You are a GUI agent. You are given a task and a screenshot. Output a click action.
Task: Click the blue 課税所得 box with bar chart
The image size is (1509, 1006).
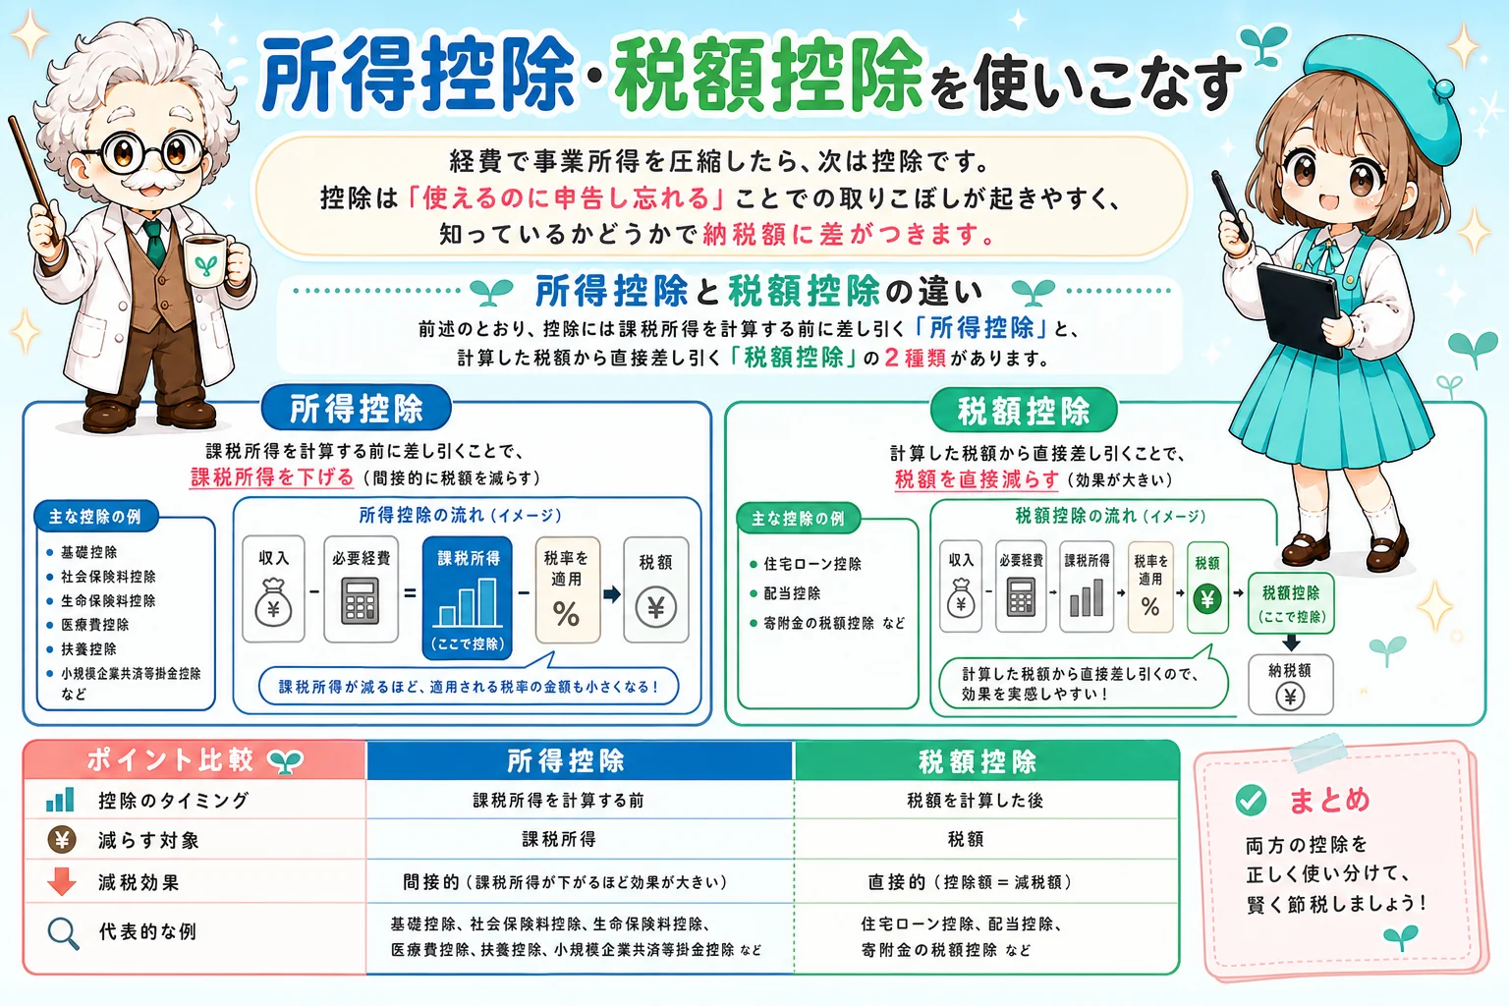(x=468, y=597)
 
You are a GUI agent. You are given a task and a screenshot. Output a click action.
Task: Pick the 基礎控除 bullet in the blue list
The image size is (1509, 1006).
(x=89, y=552)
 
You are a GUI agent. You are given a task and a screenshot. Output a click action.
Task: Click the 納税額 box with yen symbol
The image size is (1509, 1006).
(x=1290, y=685)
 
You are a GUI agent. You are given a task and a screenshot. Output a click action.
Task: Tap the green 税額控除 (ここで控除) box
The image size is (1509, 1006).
(x=1291, y=604)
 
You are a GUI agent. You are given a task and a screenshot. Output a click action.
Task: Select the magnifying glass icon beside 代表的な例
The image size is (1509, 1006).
(x=63, y=933)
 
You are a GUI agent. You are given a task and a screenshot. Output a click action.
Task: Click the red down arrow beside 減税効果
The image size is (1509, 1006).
(x=62, y=881)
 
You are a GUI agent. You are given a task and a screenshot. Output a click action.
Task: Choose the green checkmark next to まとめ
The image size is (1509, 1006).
(x=1251, y=800)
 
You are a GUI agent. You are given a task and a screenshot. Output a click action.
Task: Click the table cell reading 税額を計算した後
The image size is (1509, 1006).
(x=976, y=801)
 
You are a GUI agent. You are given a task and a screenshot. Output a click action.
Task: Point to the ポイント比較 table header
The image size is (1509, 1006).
(x=195, y=760)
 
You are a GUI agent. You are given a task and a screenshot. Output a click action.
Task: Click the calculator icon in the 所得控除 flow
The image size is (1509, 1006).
(x=361, y=599)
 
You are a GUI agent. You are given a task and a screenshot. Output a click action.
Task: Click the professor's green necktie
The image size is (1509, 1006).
(x=154, y=242)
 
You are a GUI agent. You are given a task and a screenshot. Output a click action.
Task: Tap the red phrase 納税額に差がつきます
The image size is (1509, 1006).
(x=849, y=235)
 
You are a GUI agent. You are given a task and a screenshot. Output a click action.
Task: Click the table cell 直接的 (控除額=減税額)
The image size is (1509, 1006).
(x=970, y=882)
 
